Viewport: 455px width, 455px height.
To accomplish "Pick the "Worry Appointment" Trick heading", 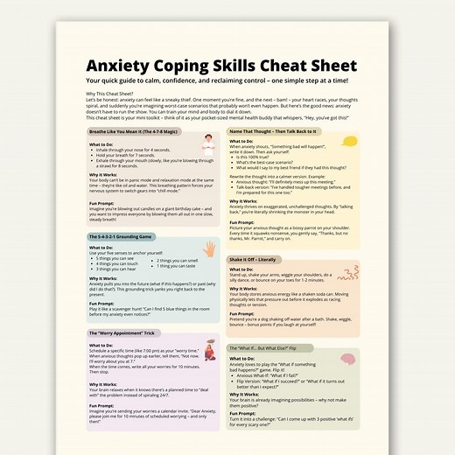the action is [123, 333].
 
